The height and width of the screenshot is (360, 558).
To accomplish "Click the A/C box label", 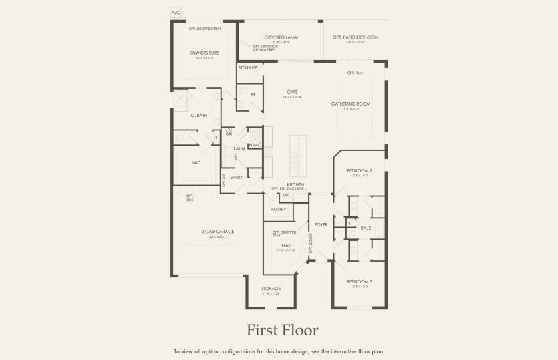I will [x=176, y=13].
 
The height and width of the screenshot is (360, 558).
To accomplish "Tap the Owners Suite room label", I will [x=204, y=53].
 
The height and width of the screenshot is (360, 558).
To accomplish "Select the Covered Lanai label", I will [x=281, y=37].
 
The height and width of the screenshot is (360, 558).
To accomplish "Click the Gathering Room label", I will [x=351, y=104].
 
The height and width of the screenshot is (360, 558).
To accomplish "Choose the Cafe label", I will [x=292, y=92].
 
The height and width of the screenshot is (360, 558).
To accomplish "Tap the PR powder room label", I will [x=253, y=95].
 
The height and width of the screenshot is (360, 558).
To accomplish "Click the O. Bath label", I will [x=199, y=116].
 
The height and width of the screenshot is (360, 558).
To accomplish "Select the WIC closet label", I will [x=196, y=162].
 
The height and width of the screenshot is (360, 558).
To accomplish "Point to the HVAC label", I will [x=255, y=145].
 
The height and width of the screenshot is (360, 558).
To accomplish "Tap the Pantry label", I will [x=279, y=210].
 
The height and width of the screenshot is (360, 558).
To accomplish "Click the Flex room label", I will [x=286, y=245].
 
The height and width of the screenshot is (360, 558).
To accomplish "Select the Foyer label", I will [x=321, y=224].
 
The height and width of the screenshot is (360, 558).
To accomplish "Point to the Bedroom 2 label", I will [x=360, y=170].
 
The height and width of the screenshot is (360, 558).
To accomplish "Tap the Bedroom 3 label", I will [x=360, y=281].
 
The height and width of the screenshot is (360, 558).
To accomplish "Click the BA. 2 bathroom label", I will [x=366, y=228].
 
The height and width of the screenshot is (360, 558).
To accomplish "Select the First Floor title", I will [x=282, y=330].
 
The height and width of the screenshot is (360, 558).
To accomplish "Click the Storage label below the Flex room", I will [x=271, y=289].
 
